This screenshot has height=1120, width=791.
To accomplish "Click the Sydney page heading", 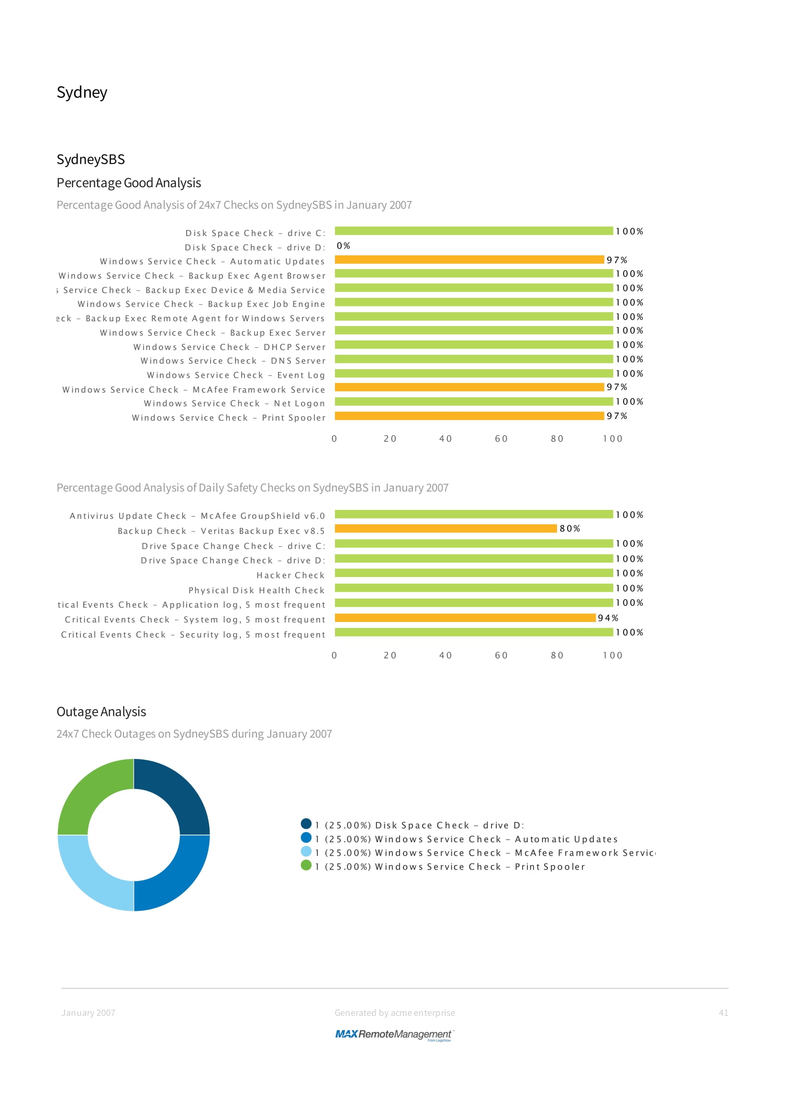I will tap(82, 92).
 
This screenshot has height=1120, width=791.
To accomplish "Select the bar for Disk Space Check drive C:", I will tap(473, 231).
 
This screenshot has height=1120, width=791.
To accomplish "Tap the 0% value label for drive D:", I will tap(343, 246).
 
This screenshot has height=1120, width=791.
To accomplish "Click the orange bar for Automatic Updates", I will tap(469, 260).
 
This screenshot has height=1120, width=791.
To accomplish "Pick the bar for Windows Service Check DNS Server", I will tap(473, 359).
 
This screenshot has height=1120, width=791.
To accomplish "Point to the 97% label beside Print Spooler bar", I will tap(616, 416).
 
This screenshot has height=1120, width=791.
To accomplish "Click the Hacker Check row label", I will tap(290, 575).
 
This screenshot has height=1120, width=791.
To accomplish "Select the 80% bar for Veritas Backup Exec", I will tap(446, 528).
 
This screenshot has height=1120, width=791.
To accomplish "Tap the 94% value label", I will tap(608, 618).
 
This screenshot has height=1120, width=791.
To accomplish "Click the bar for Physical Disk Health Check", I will tap(473, 588).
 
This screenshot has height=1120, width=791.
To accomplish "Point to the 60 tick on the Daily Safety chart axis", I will tap(501, 655).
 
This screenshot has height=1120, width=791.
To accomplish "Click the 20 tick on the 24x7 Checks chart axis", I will tap(390, 439).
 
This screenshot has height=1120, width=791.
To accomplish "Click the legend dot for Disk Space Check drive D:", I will tap(306, 824).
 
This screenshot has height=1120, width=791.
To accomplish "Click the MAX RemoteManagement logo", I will tap(394, 1034).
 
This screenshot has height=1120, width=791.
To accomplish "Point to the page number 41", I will tap(723, 1013).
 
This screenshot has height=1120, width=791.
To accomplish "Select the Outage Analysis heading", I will tap(101, 712).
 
